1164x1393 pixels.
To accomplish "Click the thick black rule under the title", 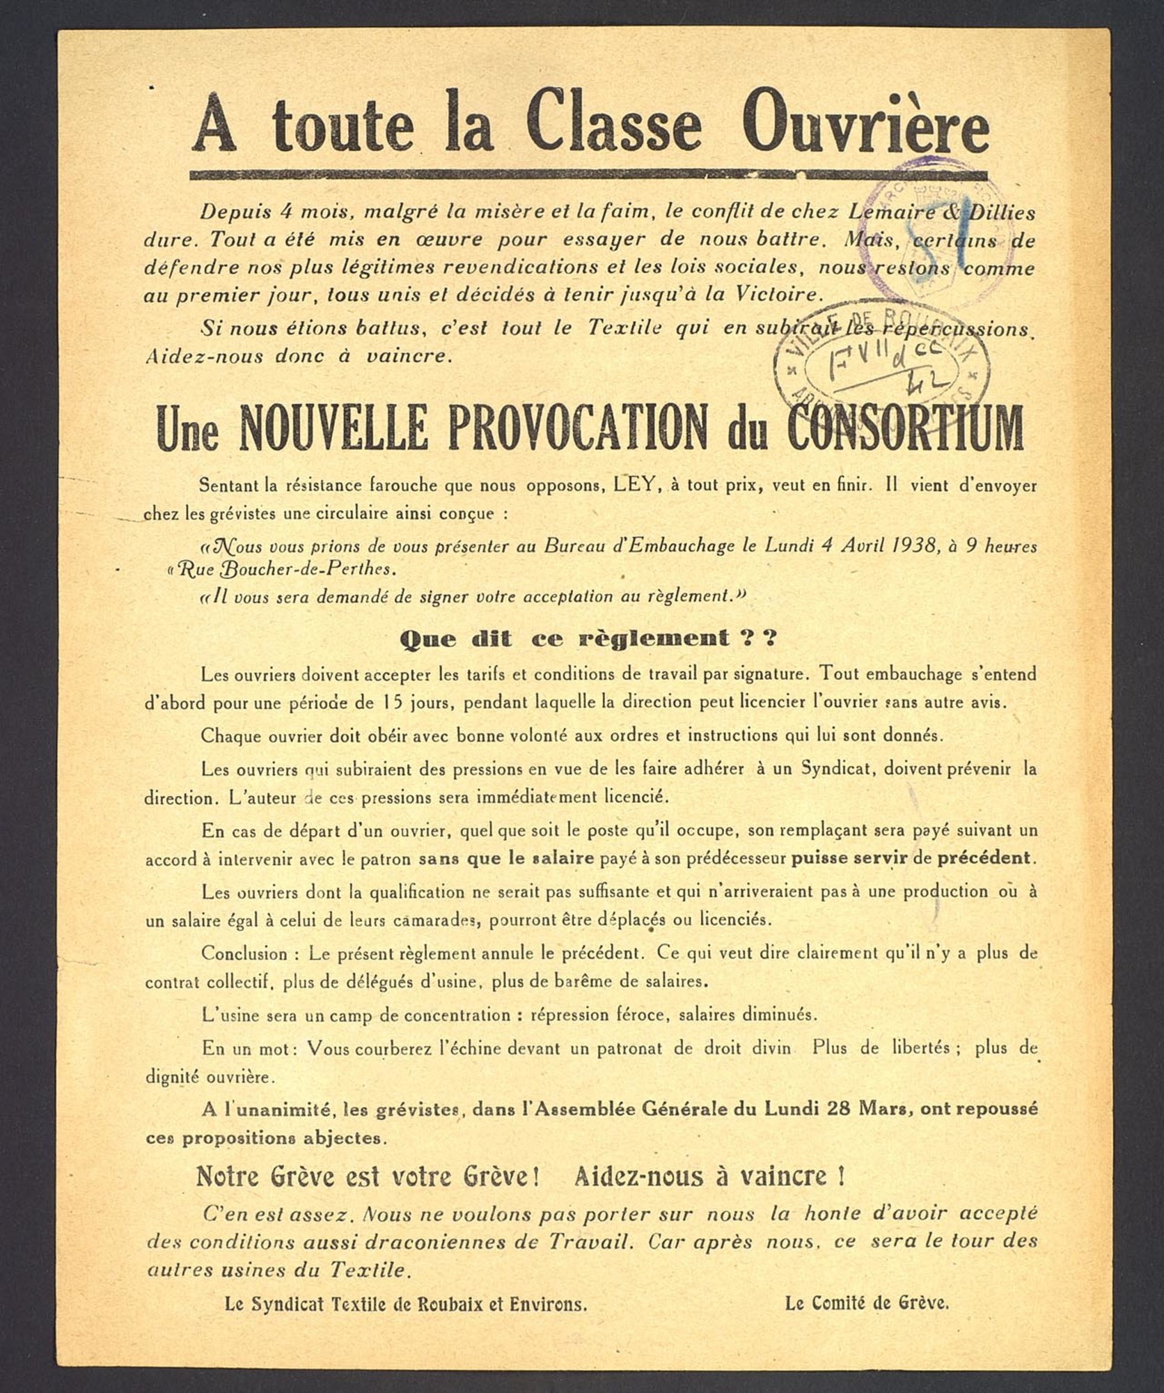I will tap(588, 176).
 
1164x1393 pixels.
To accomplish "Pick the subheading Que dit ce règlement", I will tap(588, 638).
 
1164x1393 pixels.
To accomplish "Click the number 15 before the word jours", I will tap(392, 702).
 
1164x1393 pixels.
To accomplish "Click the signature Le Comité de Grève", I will tap(867, 1302).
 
